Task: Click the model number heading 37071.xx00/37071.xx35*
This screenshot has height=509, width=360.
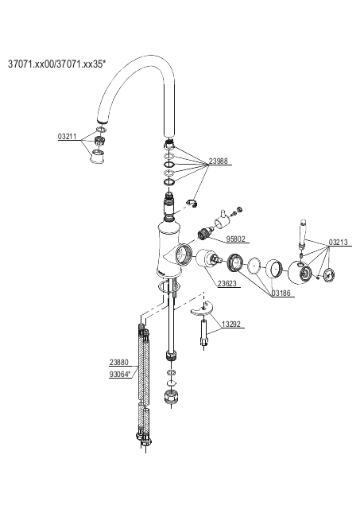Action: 56,64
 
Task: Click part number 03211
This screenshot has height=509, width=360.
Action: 67,136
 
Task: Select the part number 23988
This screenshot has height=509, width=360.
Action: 219,161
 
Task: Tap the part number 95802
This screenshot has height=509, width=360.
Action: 236,239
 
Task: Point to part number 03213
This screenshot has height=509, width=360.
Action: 339,242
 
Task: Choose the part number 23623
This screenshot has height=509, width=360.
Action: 227,283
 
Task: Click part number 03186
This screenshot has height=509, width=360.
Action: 281,293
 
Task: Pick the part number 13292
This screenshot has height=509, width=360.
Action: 231,324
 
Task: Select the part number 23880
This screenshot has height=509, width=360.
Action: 118,362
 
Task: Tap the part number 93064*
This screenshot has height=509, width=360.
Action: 120,375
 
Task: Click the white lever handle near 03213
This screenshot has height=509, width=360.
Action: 302,233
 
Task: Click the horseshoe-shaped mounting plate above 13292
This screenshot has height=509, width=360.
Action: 202,309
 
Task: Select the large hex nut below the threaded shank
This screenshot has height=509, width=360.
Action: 172,396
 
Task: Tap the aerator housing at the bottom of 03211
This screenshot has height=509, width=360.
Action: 97,157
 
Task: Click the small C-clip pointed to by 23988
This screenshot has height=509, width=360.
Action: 192,204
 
